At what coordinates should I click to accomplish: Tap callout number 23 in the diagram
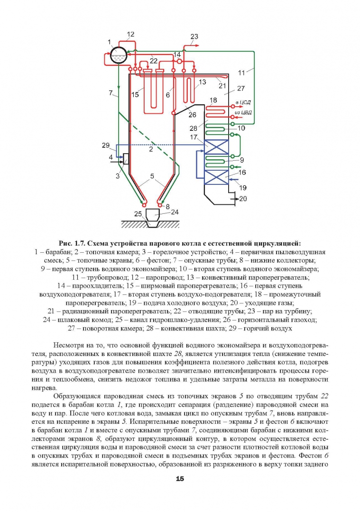(194, 37)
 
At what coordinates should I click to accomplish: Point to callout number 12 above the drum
(130, 34)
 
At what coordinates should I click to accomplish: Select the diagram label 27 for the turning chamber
(241, 88)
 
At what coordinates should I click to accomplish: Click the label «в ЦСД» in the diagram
(243, 103)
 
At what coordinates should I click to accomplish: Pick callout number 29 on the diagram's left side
(105, 145)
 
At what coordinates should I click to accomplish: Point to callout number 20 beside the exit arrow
(243, 199)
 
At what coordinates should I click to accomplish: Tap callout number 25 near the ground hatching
(138, 213)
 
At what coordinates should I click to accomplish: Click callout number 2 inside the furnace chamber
(151, 149)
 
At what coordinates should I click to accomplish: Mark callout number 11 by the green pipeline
(241, 73)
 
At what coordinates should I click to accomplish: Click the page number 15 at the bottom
(180, 479)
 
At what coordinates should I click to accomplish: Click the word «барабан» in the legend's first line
(57, 252)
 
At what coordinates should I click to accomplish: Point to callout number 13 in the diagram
(203, 82)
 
